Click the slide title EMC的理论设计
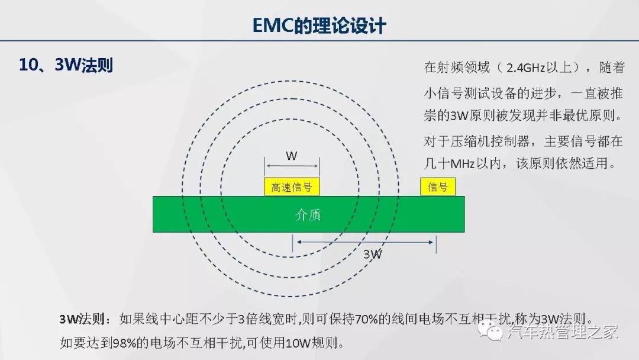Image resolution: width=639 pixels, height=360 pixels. pyautogui.click(x=319, y=25)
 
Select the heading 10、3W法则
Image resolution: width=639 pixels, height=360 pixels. pyautogui.click(x=66, y=65)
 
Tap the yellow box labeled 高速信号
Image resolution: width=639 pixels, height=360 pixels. pyautogui.click(x=292, y=187)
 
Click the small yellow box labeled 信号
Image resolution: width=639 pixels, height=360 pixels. pyautogui.click(x=438, y=187)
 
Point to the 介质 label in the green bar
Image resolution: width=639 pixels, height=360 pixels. pyautogui.click(x=308, y=214)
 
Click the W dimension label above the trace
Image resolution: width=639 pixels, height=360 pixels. pyautogui.click(x=291, y=156)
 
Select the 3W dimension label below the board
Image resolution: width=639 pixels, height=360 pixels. pyautogui.click(x=373, y=254)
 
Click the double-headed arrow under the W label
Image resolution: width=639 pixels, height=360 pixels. pyautogui.click(x=292, y=166)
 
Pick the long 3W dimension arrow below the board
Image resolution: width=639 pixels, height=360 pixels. pyautogui.click(x=364, y=242)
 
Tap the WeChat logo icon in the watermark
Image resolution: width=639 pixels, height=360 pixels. pyautogui.click(x=490, y=330)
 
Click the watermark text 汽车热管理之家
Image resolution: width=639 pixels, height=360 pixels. pyautogui.click(x=563, y=332)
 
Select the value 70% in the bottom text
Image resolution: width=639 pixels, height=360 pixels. pyautogui.click(x=366, y=319)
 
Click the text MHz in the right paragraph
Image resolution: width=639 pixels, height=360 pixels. pyautogui.click(x=463, y=164)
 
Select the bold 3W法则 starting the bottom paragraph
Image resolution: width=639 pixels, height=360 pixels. pyautogui.click(x=82, y=319)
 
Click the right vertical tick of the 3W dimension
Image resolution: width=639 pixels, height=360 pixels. pyautogui.click(x=436, y=244)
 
